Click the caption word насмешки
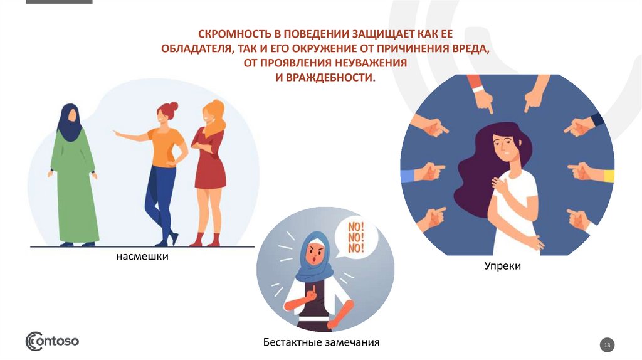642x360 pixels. tap(141, 257)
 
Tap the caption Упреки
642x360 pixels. tap(502, 266)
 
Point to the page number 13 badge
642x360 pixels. tap(607, 345)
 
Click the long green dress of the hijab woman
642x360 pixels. tap(74, 188)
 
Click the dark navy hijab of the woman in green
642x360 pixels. tap(69, 122)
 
